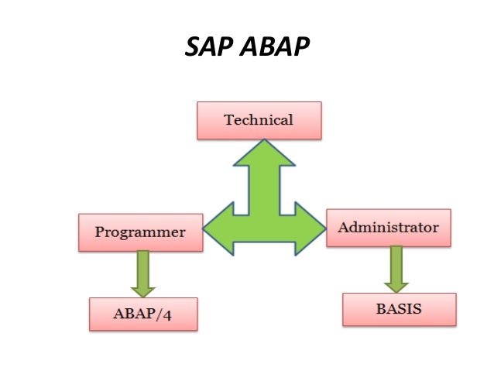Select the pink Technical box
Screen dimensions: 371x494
point(259,121)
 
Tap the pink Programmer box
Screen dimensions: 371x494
point(140,232)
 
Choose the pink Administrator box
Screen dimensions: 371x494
point(388,228)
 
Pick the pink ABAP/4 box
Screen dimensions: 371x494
point(143,314)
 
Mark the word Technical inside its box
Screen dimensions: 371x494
point(259,121)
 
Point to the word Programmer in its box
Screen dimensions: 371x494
point(140,232)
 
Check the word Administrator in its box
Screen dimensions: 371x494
point(388,228)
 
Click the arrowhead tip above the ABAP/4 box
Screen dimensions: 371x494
point(143,294)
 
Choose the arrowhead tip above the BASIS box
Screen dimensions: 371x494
point(396,291)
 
